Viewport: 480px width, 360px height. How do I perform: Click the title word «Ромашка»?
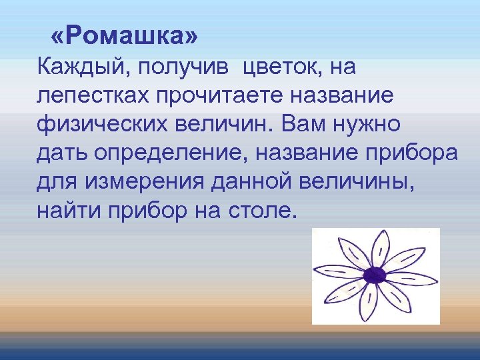(124, 37)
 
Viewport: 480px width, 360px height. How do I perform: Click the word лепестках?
(93, 96)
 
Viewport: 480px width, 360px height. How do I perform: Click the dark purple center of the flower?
(375, 275)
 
